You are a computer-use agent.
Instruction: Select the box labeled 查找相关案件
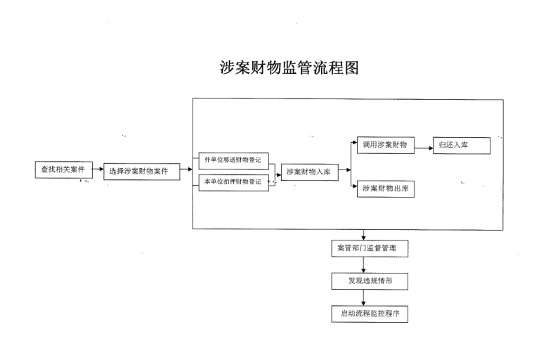click(63, 169)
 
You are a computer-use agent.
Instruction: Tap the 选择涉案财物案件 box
click(139, 171)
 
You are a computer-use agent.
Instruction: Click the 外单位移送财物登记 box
click(232, 160)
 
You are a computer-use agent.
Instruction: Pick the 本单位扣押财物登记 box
click(232, 182)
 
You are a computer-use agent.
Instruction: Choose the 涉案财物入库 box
click(309, 171)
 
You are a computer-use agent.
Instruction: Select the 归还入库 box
click(461, 145)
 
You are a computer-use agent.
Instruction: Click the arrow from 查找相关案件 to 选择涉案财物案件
click(97, 169)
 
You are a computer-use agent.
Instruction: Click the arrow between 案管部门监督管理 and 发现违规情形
click(364, 265)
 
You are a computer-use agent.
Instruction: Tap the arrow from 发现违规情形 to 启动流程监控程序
click(364, 297)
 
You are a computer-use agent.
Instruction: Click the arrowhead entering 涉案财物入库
click(278, 171)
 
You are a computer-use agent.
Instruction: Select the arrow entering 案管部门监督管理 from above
click(364, 235)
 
